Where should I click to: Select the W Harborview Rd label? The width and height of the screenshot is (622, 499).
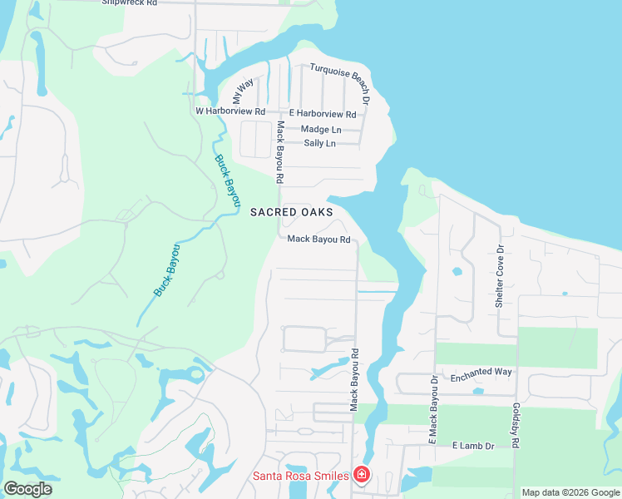230,111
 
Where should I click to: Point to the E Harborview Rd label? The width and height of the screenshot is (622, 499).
323,114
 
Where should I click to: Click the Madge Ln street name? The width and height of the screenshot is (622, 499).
321,130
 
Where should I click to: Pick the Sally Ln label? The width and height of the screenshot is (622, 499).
320,144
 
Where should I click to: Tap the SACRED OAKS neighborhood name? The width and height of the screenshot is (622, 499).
291,213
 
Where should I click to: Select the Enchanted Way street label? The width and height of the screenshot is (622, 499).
481,372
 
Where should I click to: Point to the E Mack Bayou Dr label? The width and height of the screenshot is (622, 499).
433,408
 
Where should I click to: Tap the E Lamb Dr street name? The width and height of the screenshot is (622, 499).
474,447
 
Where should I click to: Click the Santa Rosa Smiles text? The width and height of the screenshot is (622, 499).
301,476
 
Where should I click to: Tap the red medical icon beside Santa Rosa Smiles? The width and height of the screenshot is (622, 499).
362,475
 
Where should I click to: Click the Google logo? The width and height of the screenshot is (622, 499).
27,489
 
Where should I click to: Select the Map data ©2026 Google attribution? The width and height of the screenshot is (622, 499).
570,492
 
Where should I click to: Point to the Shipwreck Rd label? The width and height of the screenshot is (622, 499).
129,3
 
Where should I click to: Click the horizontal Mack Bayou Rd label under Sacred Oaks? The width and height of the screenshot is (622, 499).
318,240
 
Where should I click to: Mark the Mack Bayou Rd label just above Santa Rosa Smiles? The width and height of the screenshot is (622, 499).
354,378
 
